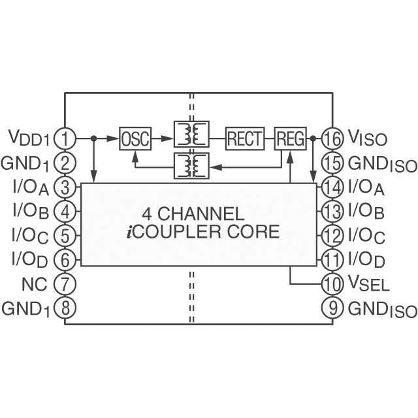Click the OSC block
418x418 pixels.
pyautogui.click(x=135, y=138)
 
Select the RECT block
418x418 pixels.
pyautogui.click(x=245, y=138)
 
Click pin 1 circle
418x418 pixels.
pyautogui.click(x=65, y=138)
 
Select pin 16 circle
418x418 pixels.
pyautogui.click(x=333, y=138)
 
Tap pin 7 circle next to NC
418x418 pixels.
pyautogui.click(x=65, y=283)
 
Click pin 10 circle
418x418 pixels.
pyautogui.click(x=333, y=283)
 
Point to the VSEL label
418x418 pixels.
pyautogui.click(x=369, y=285)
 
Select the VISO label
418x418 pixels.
pyautogui.click(x=367, y=138)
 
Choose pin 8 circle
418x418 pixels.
pyautogui.click(x=65, y=308)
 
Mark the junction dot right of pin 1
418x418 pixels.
pyautogui.click(x=95, y=138)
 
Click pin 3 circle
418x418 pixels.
pyautogui.click(x=65, y=187)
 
